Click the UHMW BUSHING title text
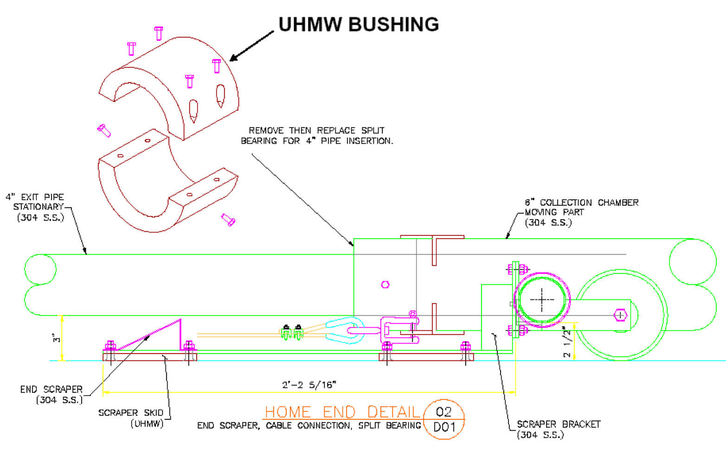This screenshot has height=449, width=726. point(358,24)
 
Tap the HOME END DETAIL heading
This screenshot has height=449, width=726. point(342,411)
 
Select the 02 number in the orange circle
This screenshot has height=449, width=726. point(443,411)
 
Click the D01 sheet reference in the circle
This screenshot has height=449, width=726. point(443,427)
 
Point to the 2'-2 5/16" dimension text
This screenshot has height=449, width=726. point(309,385)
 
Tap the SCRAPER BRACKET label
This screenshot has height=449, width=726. point(559,424)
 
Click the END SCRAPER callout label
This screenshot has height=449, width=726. point(51,389)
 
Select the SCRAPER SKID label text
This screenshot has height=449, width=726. point(130,412)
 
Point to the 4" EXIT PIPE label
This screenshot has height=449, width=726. point(35,197)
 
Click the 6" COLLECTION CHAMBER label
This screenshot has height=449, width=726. point(581,202)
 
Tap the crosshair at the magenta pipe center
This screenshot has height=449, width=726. point(542,299)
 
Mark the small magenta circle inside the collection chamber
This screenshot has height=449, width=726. point(385,285)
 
